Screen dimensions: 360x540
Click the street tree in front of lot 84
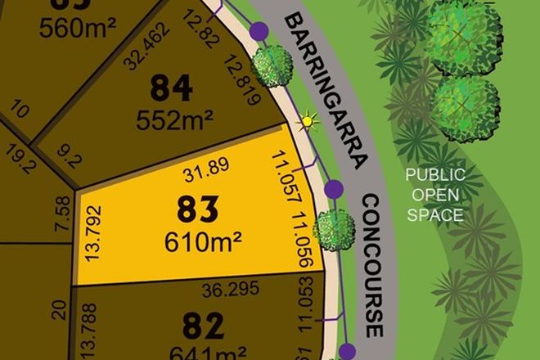[272, 63]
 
